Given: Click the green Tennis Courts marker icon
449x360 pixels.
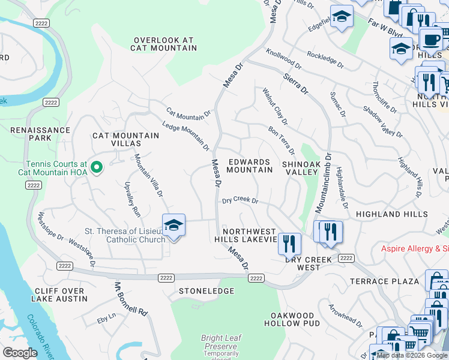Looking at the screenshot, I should coord(95,166).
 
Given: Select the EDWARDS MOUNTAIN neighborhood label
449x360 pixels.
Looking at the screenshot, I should coord(250,166).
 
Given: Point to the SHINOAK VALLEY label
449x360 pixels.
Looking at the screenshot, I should coord(300,167).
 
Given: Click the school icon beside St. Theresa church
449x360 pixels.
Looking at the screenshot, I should coord(173,226).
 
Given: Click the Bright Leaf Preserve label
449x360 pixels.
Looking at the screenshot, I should coord(220,343).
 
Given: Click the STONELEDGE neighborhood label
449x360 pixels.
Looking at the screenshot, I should coord(206,291).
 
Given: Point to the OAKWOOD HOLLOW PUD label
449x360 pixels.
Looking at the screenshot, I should coord(292,319).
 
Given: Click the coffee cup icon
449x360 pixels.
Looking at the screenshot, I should coord(430,40).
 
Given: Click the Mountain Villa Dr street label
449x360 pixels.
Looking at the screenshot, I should coord(148,175).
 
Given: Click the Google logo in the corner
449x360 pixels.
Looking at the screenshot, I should coord(20,353).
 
